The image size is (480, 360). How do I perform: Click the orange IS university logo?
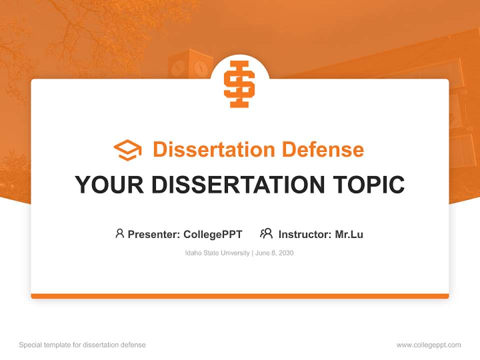click(239, 83)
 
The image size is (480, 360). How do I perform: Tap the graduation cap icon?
click(127, 150)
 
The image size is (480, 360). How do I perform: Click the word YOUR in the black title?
click(109, 184)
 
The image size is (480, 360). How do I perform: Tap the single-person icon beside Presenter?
click(119, 233)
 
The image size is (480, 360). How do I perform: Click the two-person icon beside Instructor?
click(266, 233)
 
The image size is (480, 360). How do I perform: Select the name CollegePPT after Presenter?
click(213, 234)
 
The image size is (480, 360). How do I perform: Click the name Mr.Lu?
click(349, 234)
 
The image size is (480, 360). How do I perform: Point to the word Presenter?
click(154, 234)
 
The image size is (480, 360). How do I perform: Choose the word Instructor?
click(305, 234)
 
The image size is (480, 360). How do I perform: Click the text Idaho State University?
click(217, 253)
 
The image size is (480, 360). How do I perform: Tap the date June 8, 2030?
click(274, 253)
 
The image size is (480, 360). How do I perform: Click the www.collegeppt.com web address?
click(428, 345)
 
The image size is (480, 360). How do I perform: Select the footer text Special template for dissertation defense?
click(82, 345)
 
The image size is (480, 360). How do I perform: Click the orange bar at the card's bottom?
click(240, 296)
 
